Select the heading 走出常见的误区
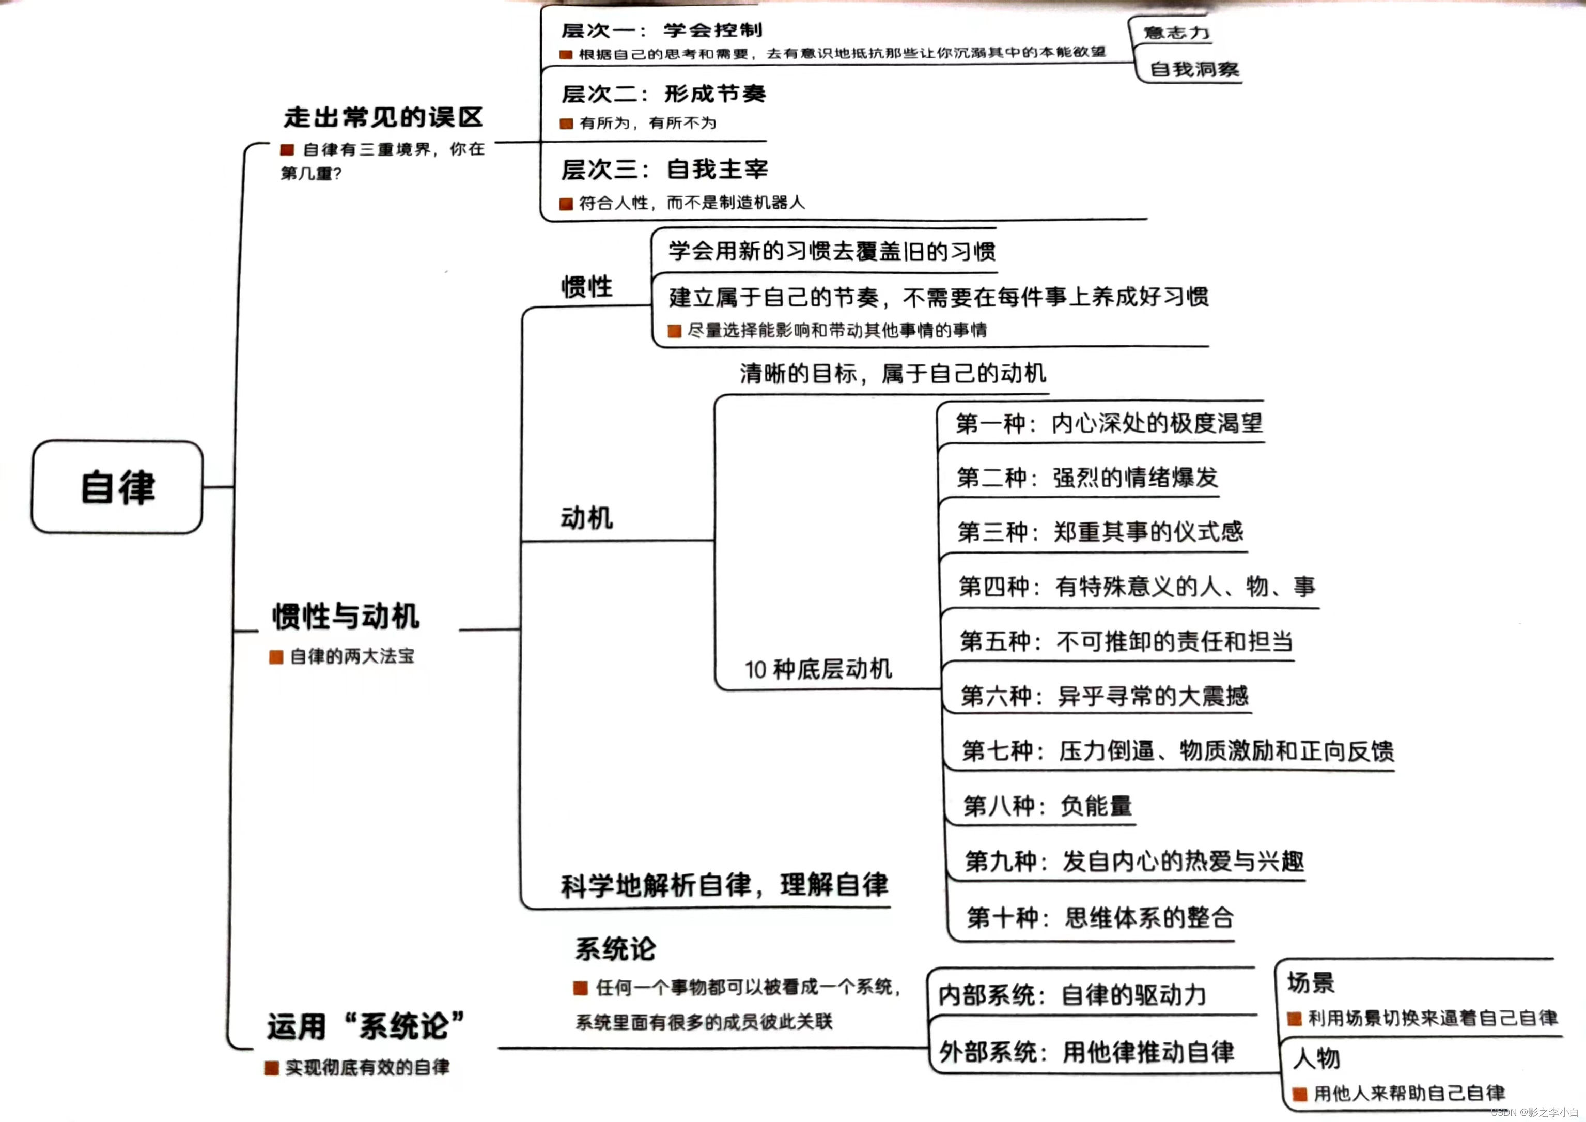[x=383, y=117]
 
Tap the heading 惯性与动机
[x=346, y=616]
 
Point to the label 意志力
[x=1176, y=33]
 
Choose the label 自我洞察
[x=1194, y=69]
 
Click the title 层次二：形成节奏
[x=663, y=93]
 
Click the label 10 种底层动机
[x=818, y=669]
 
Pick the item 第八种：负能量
[x=1047, y=806]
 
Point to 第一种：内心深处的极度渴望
[x=1109, y=423]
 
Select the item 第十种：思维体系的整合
[x=1100, y=917]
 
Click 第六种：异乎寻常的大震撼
[x=1104, y=695]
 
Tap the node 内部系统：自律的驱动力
[x=1072, y=995]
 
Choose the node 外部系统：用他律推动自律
[x=1086, y=1052]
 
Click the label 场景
[x=1310, y=982]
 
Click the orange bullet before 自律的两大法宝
[x=276, y=656]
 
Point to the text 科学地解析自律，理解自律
[x=724, y=885]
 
